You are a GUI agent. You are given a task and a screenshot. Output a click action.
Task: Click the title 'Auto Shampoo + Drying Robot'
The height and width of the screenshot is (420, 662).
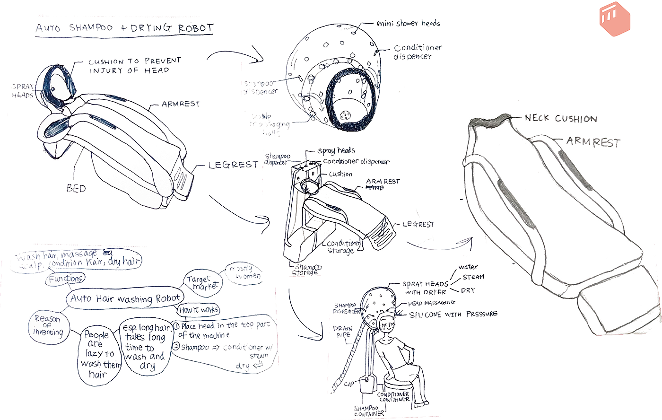[125, 28]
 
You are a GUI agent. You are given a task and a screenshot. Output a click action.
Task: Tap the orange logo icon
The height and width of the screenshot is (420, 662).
[615, 20]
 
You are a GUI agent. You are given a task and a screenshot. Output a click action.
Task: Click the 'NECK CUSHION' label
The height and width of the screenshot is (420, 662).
[561, 118]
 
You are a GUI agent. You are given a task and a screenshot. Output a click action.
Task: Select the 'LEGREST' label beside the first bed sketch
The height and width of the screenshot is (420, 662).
[234, 165]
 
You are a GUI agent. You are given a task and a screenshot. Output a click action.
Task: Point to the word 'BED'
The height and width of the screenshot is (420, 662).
[76, 189]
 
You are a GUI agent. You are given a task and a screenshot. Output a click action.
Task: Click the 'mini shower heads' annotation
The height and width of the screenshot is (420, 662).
[408, 23]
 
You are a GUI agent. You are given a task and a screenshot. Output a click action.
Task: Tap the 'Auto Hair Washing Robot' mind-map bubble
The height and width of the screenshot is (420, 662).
[125, 298]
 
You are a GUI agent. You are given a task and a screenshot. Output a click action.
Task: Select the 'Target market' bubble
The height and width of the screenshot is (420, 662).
[202, 282]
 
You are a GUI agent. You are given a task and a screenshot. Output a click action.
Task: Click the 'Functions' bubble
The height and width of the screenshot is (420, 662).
[66, 279]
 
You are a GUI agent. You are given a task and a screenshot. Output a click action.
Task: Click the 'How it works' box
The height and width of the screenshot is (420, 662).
[199, 310]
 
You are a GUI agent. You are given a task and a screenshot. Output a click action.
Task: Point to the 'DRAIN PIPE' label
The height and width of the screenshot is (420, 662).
[342, 332]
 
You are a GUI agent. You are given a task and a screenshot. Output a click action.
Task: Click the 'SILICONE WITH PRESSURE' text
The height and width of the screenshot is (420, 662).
[453, 315]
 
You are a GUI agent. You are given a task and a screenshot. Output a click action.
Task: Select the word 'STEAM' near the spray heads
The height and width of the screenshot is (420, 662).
[473, 277]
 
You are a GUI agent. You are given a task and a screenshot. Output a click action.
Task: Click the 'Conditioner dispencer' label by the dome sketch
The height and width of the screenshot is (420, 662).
[417, 52]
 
